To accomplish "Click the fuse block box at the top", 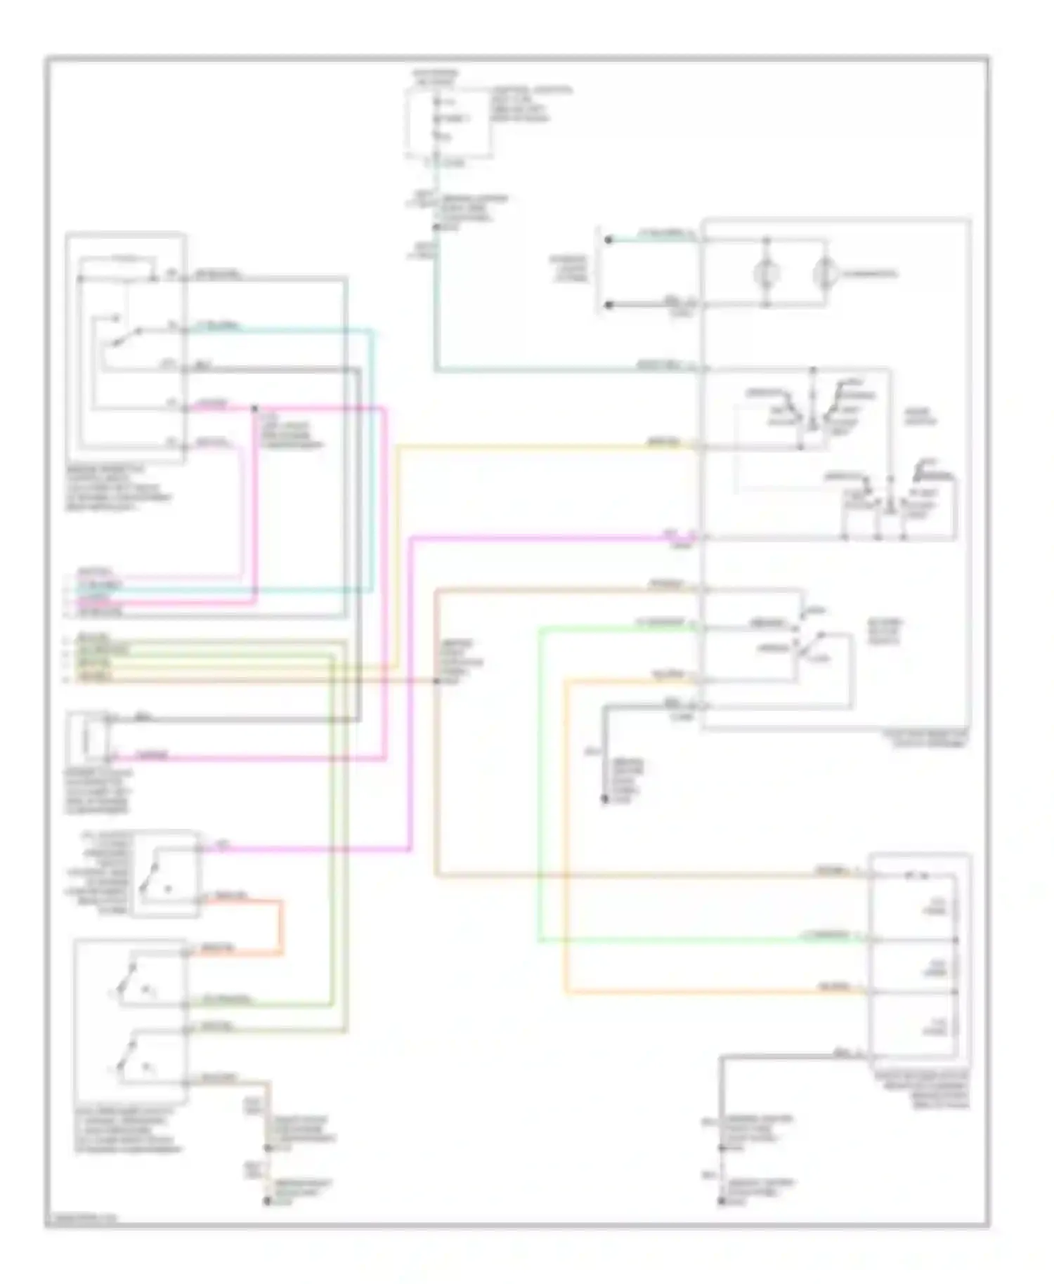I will pos(448,124).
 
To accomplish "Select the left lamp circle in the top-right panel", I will pos(767,273).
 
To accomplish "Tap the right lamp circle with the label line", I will pos(825,273).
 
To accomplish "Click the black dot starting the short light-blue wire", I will pos(609,240).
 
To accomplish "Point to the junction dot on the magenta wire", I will pos(254,408).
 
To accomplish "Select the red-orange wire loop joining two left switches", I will pos(282,926).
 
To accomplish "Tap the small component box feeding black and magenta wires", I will pos(87,738).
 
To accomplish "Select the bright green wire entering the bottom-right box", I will pos(703,940).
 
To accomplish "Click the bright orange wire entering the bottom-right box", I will pos(703,992).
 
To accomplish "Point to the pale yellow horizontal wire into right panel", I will pos(548,447).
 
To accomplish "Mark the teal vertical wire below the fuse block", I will pos(436,309).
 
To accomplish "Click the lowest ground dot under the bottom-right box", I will pos(721,1202).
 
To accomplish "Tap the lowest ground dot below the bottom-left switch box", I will pos(267,1201).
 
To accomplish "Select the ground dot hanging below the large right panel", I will pos(604,799).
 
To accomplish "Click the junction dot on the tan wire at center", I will pos(436,681).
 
